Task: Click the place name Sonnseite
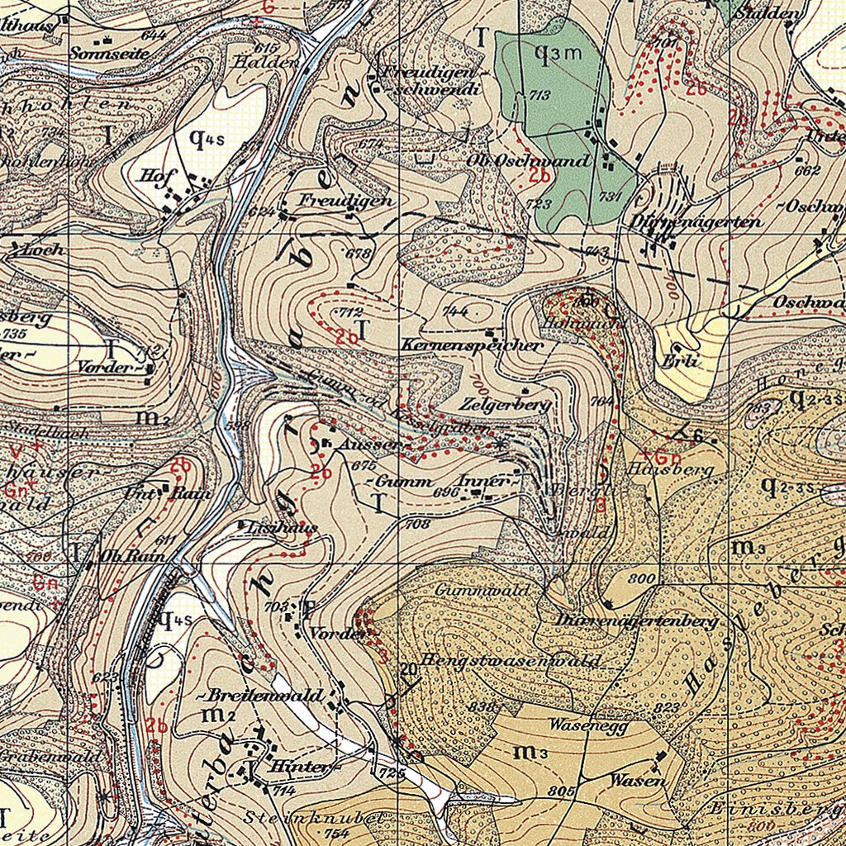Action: (110, 53)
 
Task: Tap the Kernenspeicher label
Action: (473, 345)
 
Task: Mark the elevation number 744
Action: (455, 312)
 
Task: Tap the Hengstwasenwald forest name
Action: (510, 661)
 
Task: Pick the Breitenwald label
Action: (264, 696)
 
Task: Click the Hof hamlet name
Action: (154, 175)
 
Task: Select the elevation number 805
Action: (561, 791)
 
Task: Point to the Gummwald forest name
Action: (475, 590)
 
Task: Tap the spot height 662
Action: (806, 171)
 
